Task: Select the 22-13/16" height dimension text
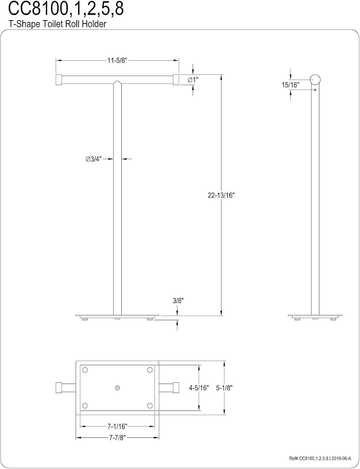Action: (221, 195)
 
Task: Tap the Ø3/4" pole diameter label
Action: (94, 159)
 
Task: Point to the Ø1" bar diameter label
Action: (193, 80)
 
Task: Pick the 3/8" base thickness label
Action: (178, 301)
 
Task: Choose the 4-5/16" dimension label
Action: (199, 388)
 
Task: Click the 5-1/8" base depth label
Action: (224, 388)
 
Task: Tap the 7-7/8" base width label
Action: (118, 438)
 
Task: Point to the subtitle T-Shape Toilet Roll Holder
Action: (58, 24)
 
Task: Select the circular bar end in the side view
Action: (315, 80)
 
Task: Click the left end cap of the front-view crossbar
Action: (59, 80)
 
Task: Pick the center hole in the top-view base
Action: (117, 388)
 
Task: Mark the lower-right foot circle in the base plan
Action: (150, 406)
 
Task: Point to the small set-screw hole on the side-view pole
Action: (315, 90)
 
